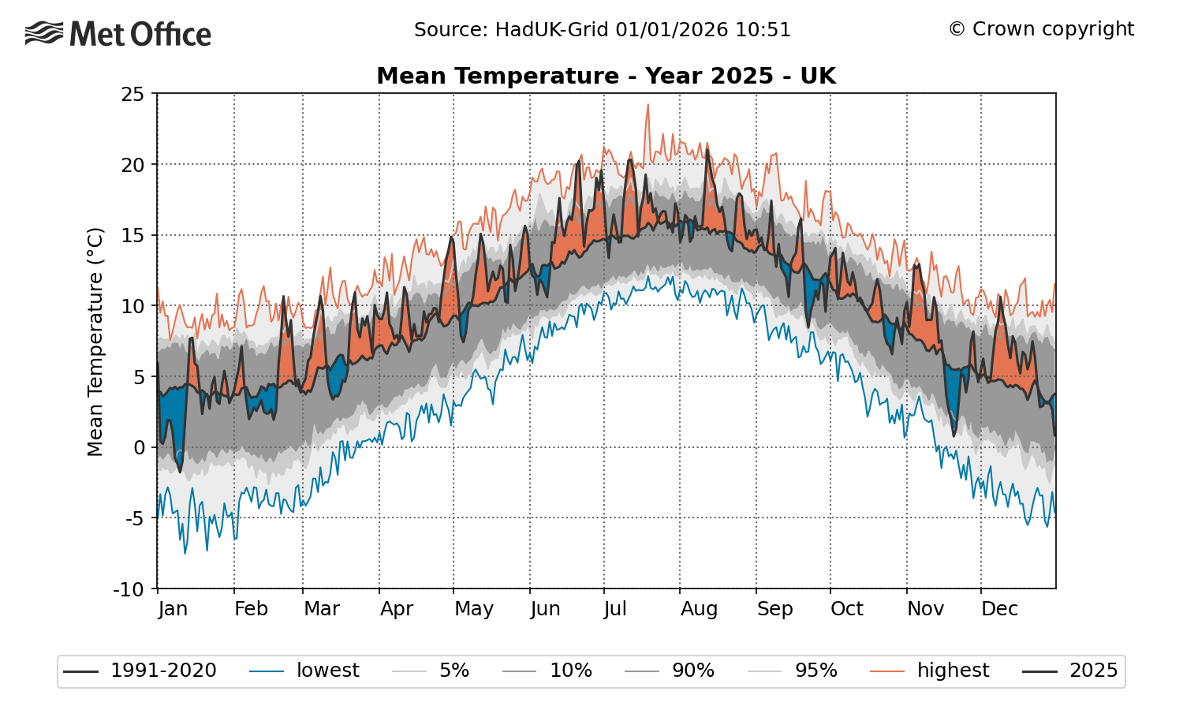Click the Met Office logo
click(118, 34)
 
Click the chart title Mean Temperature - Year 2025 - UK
click(606, 76)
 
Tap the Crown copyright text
click(1041, 29)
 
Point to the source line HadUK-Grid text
click(602, 30)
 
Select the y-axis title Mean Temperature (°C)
click(95, 342)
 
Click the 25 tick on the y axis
click(133, 94)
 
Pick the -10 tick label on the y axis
click(129, 589)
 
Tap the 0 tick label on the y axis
click(139, 447)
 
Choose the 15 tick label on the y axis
click(133, 235)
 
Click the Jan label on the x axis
click(173, 609)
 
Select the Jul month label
click(615, 609)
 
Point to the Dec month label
click(999, 609)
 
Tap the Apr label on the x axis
click(396, 609)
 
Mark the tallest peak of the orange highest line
click(647, 105)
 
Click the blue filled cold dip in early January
click(173, 418)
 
